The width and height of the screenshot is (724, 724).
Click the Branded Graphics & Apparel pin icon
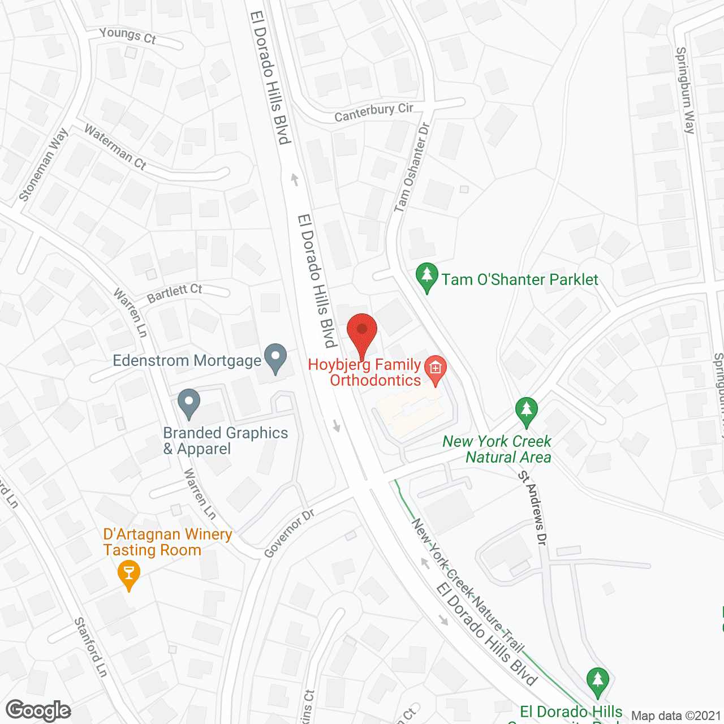click(x=189, y=403)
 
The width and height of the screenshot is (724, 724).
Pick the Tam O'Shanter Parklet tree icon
click(x=427, y=277)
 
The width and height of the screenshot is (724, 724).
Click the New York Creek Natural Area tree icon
click(x=527, y=412)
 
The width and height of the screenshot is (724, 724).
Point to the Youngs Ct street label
click(x=127, y=36)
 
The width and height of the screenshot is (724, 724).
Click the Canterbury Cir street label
click(x=374, y=112)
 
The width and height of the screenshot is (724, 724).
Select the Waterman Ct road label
click(x=115, y=147)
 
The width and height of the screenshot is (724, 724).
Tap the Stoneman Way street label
click(x=44, y=165)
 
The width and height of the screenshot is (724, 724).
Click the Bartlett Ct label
click(x=175, y=293)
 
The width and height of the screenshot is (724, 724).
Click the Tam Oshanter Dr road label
click(x=412, y=167)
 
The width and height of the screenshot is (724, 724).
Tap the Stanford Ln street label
click(x=90, y=647)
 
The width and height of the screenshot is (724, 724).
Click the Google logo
click(x=38, y=710)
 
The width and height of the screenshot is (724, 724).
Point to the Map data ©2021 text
click(x=676, y=716)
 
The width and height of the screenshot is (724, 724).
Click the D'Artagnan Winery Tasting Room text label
click(x=167, y=542)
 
